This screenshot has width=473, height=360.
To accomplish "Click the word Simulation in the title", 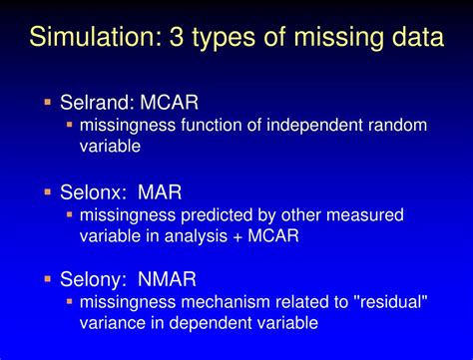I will click(x=91, y=39).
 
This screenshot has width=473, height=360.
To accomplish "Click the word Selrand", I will click(x=95, y=103).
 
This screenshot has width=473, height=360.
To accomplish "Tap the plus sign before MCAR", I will click(x=261, y=236).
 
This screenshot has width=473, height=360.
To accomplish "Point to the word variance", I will click(x=112, y=325).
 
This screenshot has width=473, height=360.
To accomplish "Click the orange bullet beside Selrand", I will click(x=47, y=102).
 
